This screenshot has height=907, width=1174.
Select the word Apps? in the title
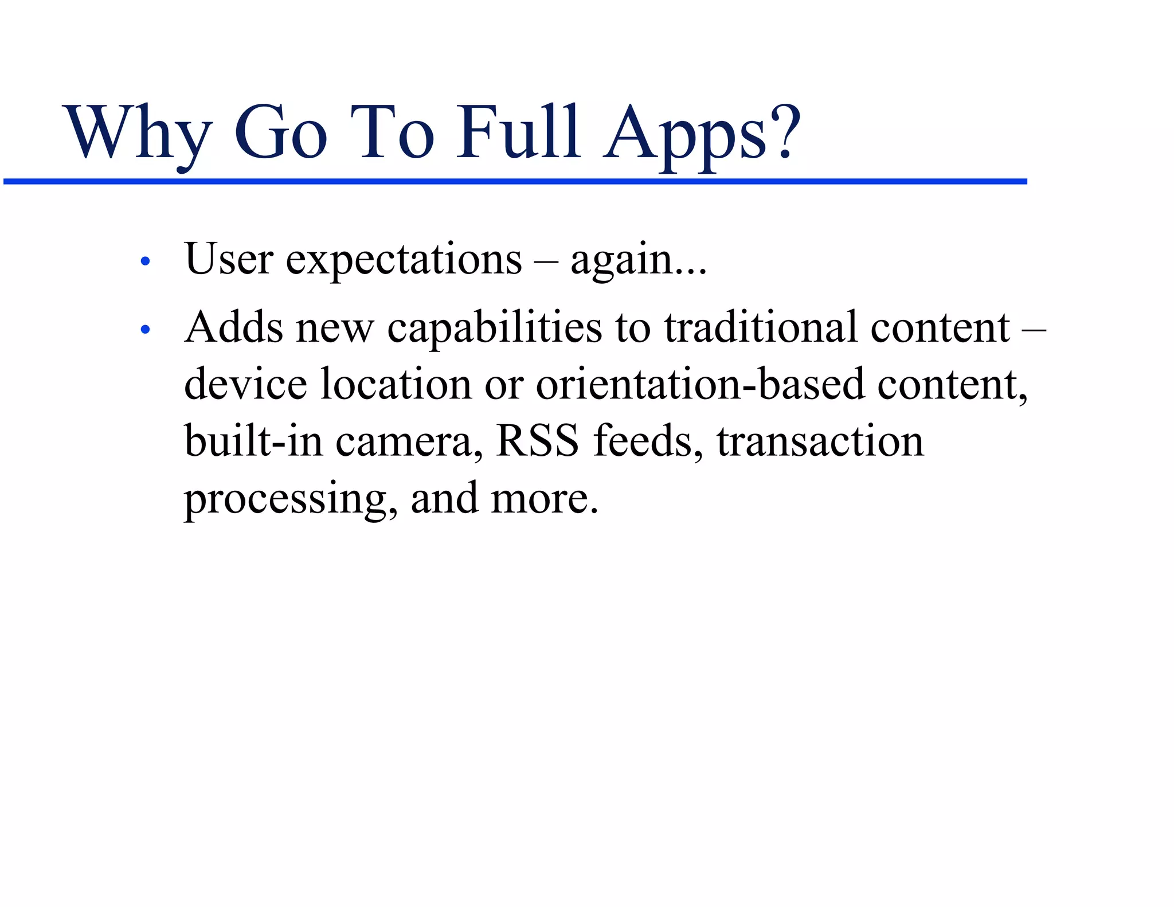(702, 135)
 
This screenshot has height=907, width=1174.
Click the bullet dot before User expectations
(145, 261)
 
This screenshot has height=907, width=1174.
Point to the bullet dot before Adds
(145, 330)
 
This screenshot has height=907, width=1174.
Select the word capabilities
(494, 328)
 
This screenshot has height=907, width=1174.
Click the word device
(245, 384)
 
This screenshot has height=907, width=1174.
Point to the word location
(396, 384)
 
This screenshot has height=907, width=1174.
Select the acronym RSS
(537, 441)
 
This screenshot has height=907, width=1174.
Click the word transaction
(820, 441)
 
